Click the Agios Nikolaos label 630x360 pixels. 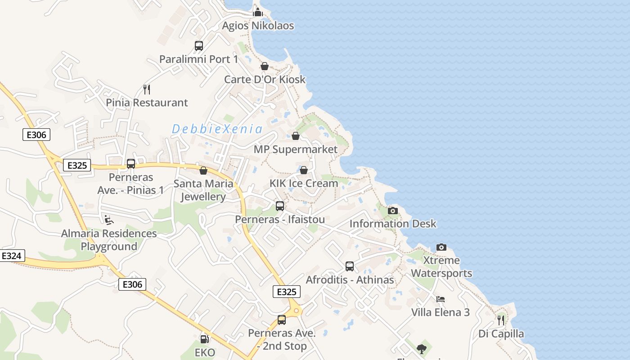pyautogui.click(x=258, y=26)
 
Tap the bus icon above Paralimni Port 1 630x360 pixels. pyautogui.click(x=199, y=46)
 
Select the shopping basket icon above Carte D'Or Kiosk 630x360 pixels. pyautogui.click(x=265, y=66)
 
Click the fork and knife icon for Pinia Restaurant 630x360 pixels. pyautogui.click(x=146, y=89)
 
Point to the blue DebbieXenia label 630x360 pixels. pyautogui.click(x=217, y=129)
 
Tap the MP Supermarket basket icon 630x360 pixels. pyautogui.click(x=296, y=136)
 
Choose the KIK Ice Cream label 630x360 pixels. pyautogui.click(x=304, y=183)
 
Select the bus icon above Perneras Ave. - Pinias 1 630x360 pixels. pyautogui.click(x=131, y=164)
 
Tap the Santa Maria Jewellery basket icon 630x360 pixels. pyautogui.click(x=203, y=171)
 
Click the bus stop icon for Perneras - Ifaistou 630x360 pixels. pyautogui.click(x=280, y=206)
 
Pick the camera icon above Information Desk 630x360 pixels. pyautogui.click(x=393, y=211)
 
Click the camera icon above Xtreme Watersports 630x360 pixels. pyautogui.click(x=441, y=247)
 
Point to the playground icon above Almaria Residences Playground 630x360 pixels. pyautogui.click(x=109, y=220)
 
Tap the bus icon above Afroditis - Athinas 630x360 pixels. pyautogui.click(x=350, y=266)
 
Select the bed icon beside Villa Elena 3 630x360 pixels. pyautogui.click(x=441, y=299)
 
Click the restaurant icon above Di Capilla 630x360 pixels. pyautogui.click(x=501, y=320)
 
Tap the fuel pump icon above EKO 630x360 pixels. pyautogui.click(x=204, y=339)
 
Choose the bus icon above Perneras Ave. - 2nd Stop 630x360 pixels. pyautogui.click(x=282, y=320)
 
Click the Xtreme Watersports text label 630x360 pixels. pyautogui.click(x=441, y=267)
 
